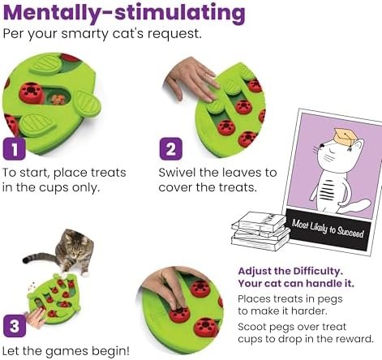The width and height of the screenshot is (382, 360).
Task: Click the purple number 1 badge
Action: (x=15, y=149)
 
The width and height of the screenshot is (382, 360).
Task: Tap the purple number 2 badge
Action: (x=171, y=148)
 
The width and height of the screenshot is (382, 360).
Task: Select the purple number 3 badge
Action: (x=15, y=326)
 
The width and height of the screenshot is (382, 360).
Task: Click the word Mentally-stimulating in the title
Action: (x=124, y=13)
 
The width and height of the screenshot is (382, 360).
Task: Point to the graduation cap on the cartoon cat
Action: (x=346, y=136)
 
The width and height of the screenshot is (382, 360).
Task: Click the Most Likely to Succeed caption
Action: (x=328, y=229)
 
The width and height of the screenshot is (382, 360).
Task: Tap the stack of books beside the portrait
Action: (x=260, y=231)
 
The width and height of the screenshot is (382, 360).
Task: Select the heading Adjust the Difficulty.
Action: (x=290, y=271)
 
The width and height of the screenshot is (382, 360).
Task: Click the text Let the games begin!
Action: (x=66, y=351)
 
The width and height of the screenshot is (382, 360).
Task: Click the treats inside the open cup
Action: (x=58, y=100)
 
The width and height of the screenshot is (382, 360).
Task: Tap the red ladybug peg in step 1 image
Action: (x=32, y=92)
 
